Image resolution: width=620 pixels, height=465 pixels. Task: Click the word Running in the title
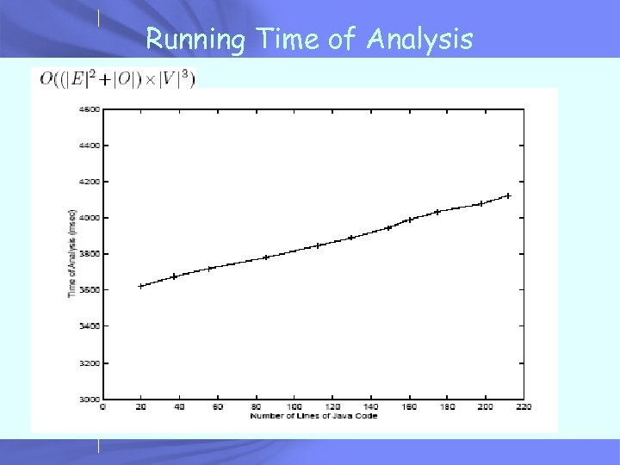click(193, 40)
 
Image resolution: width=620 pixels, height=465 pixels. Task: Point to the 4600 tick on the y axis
click(90, 109)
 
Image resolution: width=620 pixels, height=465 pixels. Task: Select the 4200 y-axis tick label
click(90, 182)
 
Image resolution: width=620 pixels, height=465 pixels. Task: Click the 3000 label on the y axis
click(90, 400)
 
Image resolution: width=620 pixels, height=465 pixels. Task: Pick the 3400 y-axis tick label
click(90, 326)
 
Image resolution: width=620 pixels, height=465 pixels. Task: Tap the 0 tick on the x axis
click(103, 406)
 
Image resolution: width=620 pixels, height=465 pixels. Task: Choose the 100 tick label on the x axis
click(294, 406)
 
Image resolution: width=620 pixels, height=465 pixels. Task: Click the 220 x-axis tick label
click(523, 406)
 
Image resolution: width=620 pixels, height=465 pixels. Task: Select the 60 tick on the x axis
click(218, 406)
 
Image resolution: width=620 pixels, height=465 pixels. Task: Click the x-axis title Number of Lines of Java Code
click(313, 416)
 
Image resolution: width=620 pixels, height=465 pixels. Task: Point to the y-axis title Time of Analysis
click(72, 254)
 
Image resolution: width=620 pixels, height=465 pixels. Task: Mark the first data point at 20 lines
click(141, 286)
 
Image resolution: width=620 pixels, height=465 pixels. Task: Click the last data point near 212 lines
click(508, 196)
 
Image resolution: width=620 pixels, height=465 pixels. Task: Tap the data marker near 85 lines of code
click(266, 257)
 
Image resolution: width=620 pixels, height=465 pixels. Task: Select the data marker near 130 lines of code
click(350, 238)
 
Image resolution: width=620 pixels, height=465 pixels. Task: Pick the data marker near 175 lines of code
click(437, 211)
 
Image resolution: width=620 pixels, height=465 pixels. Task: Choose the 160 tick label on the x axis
click(408, 406)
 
